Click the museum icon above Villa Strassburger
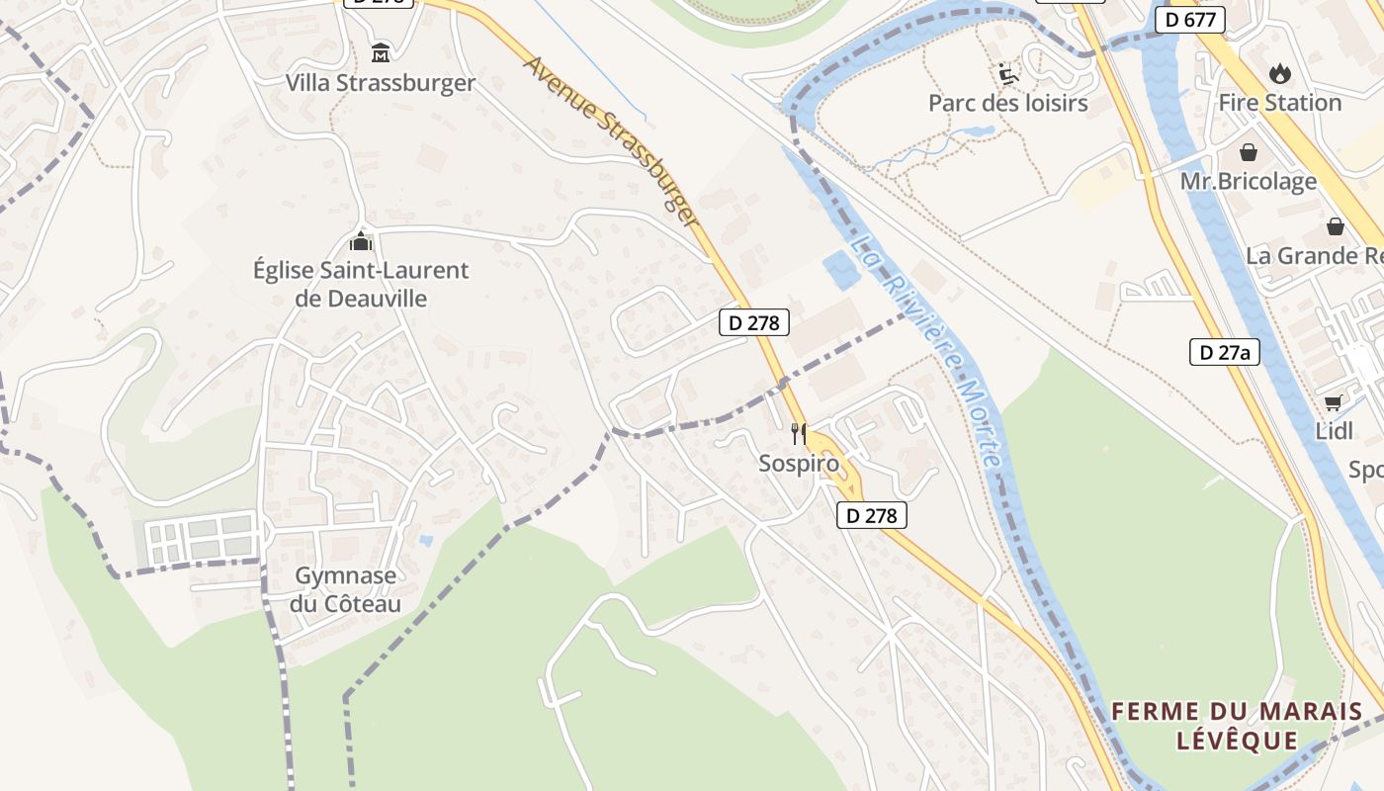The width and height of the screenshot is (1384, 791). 381,51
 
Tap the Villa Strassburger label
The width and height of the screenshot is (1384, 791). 381,83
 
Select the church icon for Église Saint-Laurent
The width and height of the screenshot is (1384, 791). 361,241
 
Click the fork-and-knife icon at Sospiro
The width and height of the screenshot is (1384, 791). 799,433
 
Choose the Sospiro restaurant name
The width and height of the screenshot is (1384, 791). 799,464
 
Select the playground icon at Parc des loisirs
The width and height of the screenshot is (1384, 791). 1007,73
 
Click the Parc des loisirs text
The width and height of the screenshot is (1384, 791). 1007,103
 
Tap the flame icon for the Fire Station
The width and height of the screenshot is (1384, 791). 1279,73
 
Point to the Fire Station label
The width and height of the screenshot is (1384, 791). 1279,103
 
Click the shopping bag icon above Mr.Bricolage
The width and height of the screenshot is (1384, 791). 1249,152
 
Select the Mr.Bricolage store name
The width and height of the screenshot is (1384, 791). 1249,182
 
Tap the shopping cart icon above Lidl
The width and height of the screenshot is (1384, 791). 1334,402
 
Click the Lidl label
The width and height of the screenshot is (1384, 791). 1334,431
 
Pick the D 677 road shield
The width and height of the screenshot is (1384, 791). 1190,20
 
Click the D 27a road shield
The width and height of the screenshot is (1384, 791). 1225,352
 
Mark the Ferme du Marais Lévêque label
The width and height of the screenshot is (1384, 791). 1237,726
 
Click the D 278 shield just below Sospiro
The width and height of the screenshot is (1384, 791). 871,515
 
